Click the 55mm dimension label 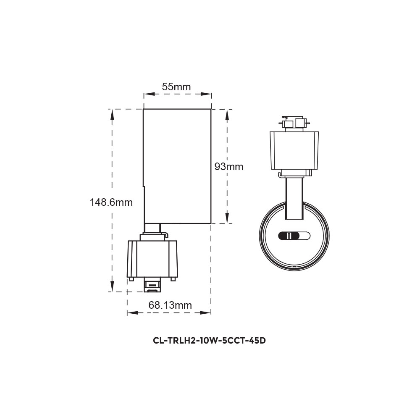pyautogui.click(x=177, y=87)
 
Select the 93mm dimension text pyautogui.click(x=229, y=167)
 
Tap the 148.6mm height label pyautogui.click(x=111, y=202)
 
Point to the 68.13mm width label pyautogui.click(x=170, y=305)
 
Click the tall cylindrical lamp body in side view pyautogui.click(x=177, y=166)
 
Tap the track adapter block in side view pyautogui.click(x=153, y=258)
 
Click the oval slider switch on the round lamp pyautogui.click(x=294, y=236)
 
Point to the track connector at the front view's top pyautogui.click(x=294, y=123)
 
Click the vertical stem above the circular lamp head pyautogui.click(x=294, y=197)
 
